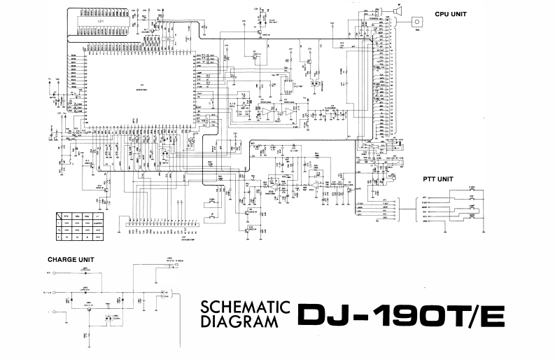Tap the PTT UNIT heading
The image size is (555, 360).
point(437,179)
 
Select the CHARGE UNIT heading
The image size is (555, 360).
point(71,259)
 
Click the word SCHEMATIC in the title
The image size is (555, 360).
point(245,307)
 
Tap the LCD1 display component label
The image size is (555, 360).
point(102,21)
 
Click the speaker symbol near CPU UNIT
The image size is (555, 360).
point(398,10)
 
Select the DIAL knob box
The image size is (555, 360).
point(419,22)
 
